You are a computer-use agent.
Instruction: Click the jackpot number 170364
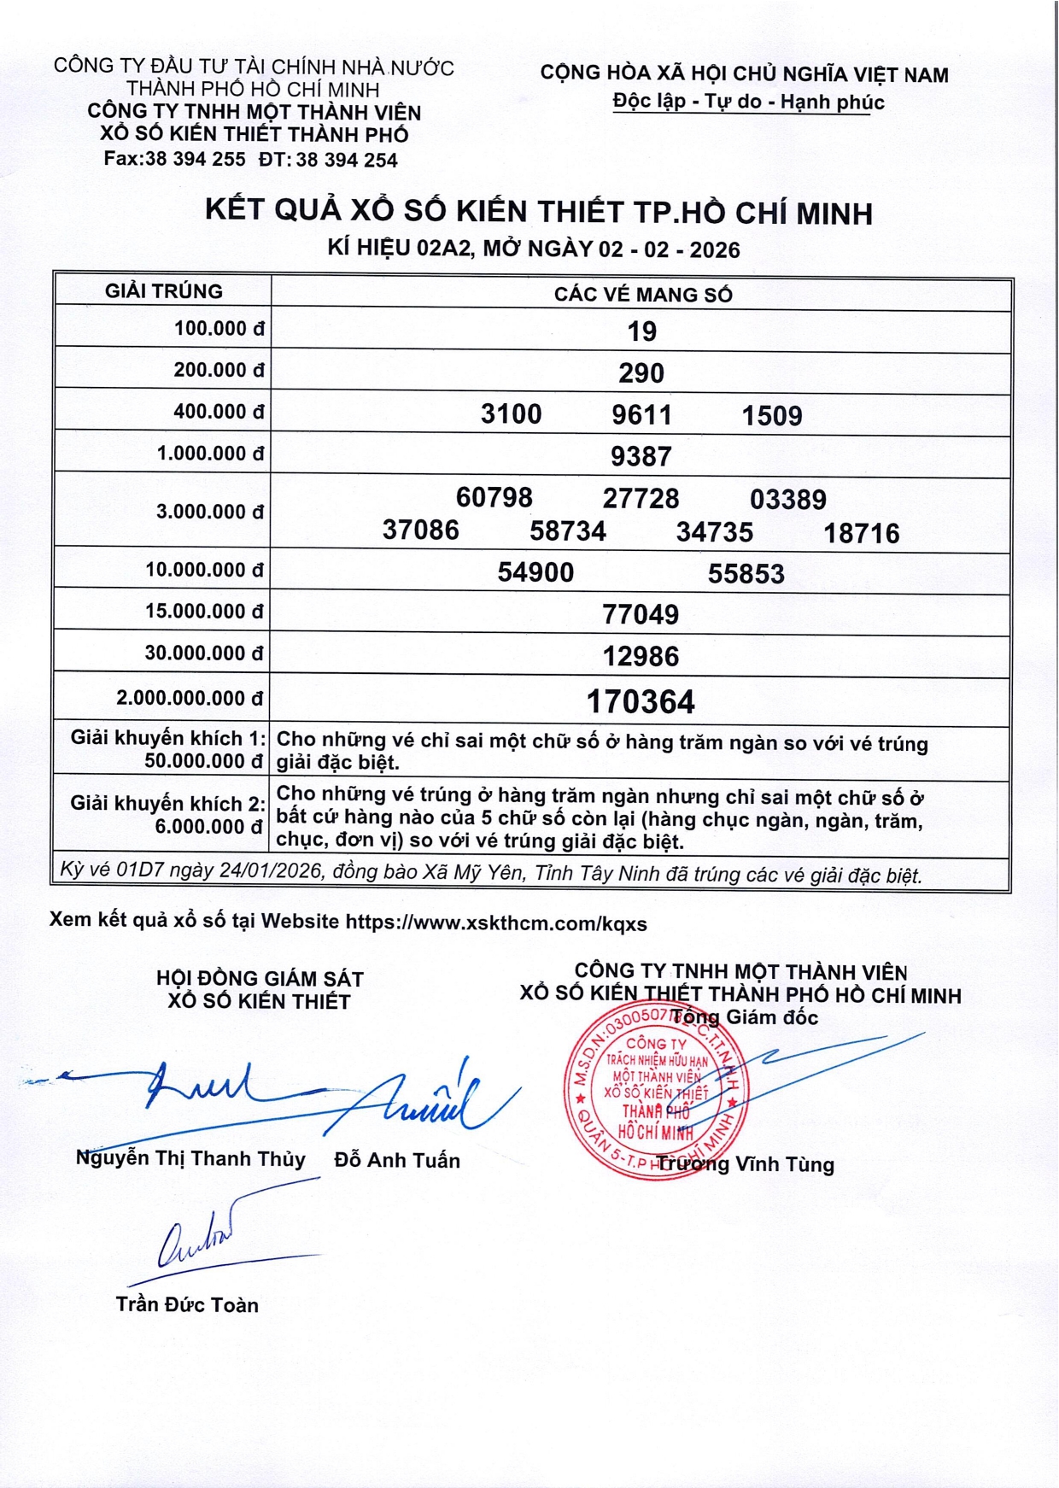pos(641,702)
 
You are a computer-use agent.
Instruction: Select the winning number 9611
pos(641,415)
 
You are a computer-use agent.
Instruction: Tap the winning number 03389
pos(787,500)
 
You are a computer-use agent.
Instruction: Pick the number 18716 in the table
pos(861,534)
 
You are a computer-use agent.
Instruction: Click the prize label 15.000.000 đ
pos(205,612)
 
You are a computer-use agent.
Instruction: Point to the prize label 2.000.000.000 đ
pos(190,699)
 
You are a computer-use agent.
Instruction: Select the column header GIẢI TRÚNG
pos(164,291)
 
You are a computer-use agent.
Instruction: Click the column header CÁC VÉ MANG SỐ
pos(642,295)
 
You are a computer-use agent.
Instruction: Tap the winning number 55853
pos(746,574)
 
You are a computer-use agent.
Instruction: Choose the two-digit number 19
pos(641,331)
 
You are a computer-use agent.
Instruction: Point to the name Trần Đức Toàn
pos(187,1305)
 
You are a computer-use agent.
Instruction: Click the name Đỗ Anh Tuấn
pos(397,1161)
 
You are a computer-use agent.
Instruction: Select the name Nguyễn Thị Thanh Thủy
pos(190,1159)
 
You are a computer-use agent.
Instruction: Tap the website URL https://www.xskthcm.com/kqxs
pos(496,923)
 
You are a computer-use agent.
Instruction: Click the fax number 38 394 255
pos(195,160)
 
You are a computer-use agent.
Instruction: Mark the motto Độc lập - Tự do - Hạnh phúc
pos(748,103)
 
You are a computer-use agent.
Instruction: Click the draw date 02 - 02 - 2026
pos(669,249)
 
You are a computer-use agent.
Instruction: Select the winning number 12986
pos(641,657)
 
